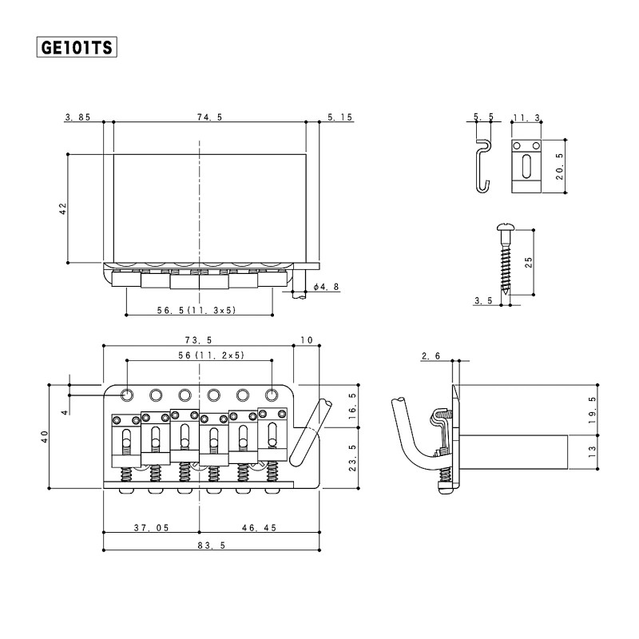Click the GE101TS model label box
coord(77,47)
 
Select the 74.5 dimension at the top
coord(210,117)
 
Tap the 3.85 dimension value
coord(77,117)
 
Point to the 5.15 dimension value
coord(340,117)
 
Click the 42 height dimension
coord(63,208)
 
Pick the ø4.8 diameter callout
coord(327,287)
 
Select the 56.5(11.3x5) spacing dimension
coord(196,310)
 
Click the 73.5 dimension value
coord(198,340)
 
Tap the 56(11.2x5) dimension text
coord(211,355)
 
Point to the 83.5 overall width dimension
coord(212,546)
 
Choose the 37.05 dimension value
coord(151,528)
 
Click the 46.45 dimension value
coord(259,528)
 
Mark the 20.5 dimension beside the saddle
coord(560,166)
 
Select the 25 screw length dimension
coord(528,262)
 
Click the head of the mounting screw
coord(506,227)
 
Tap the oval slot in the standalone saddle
coord(526,166)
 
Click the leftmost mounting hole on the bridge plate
coord(127,395)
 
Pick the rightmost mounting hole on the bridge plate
coord(272,395)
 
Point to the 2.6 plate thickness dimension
coord(431,356)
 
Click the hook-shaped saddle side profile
coord(484,165)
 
